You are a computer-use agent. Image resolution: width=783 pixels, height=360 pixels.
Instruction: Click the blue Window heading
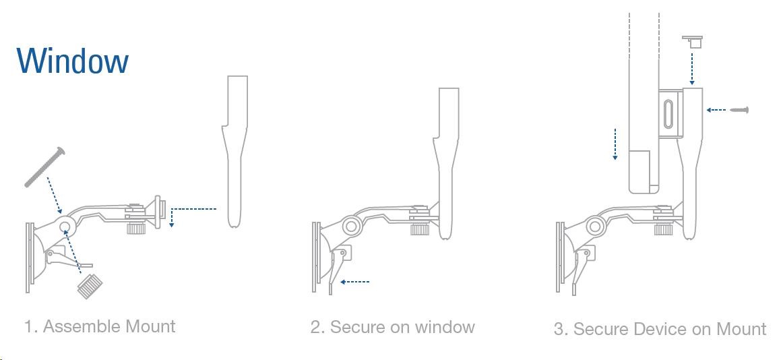[x=73, y=61]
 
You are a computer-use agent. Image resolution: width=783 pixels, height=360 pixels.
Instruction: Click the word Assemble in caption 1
[x=81, y=326]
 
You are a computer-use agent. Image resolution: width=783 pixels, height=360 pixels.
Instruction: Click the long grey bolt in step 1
[x=45, y=167]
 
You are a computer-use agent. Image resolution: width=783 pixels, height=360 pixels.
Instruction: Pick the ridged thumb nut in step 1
[x=90, y=286]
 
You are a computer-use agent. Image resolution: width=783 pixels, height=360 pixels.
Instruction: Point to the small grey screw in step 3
[x=740, y=109]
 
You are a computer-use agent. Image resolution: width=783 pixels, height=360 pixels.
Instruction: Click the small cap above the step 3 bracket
[x=692, y=41]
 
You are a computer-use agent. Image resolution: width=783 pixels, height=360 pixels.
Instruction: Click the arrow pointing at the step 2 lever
[x=354, y=282]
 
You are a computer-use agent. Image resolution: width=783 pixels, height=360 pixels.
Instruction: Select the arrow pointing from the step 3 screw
[x=716, y=109]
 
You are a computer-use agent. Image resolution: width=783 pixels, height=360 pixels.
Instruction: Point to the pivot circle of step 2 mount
[x=350, y=227]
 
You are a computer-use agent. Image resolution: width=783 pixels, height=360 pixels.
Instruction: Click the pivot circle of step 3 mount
[x=595, y=226]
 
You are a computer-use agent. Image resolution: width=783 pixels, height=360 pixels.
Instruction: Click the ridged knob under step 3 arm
[x=663, y=229]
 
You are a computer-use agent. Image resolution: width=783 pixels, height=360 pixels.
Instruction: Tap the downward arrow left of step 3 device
[x=615, y=144]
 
